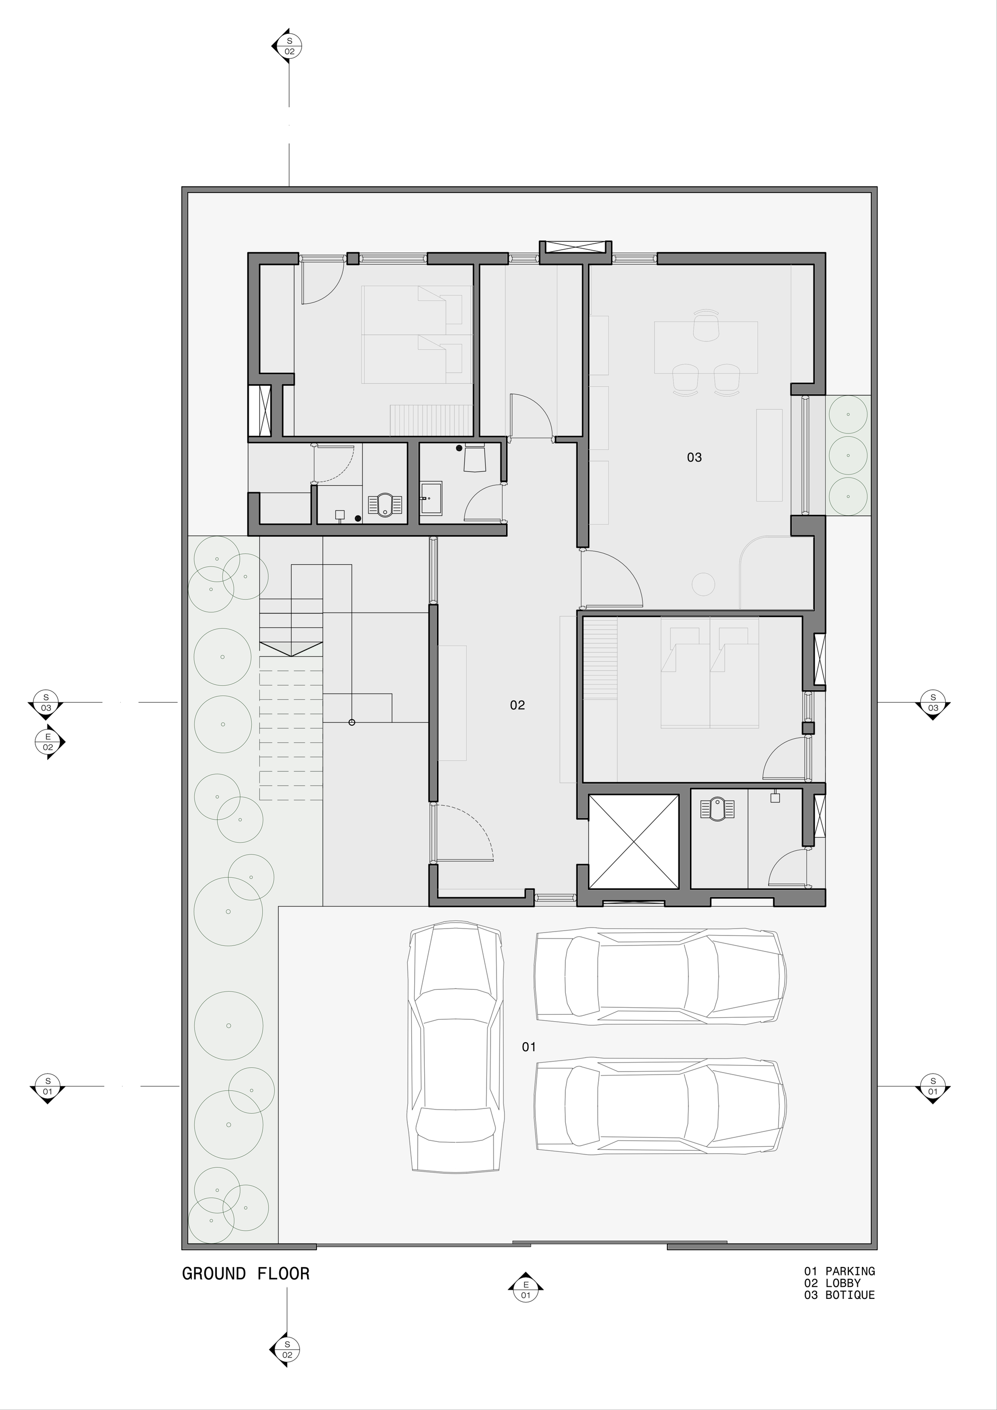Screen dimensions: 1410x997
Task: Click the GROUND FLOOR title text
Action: (x=246, y=1273)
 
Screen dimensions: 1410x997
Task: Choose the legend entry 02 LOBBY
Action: (x=832, y=1283)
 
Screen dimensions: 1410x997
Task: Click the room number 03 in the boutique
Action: (x=694, y=457)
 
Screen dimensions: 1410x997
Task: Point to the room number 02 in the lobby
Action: (x=517, y=705)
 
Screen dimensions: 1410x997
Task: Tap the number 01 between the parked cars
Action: (x=529, y=1047)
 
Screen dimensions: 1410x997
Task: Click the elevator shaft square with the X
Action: (x=633, y=841)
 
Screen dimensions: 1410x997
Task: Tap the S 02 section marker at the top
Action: (x=289, y=46)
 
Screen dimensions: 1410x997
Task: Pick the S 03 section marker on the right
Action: (x=933, y=702)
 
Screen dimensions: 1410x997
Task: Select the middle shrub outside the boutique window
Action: (x=848, y=456)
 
